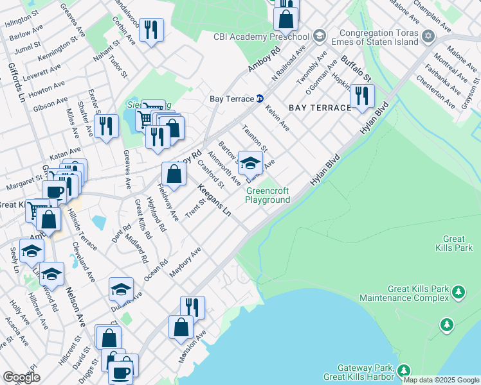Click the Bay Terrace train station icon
coord(260,99)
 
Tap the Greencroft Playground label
coord(268,195)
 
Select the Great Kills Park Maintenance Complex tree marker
coord(458,293)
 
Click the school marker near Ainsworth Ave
coord(250,163)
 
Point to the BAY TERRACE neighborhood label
coord(320,108)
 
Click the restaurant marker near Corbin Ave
coord(151,30)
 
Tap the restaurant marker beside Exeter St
coord(106,126)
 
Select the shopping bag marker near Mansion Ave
coord(181,327)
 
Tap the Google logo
coord(22,377)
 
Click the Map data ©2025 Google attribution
coord(442,380)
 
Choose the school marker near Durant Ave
coord(120,290)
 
